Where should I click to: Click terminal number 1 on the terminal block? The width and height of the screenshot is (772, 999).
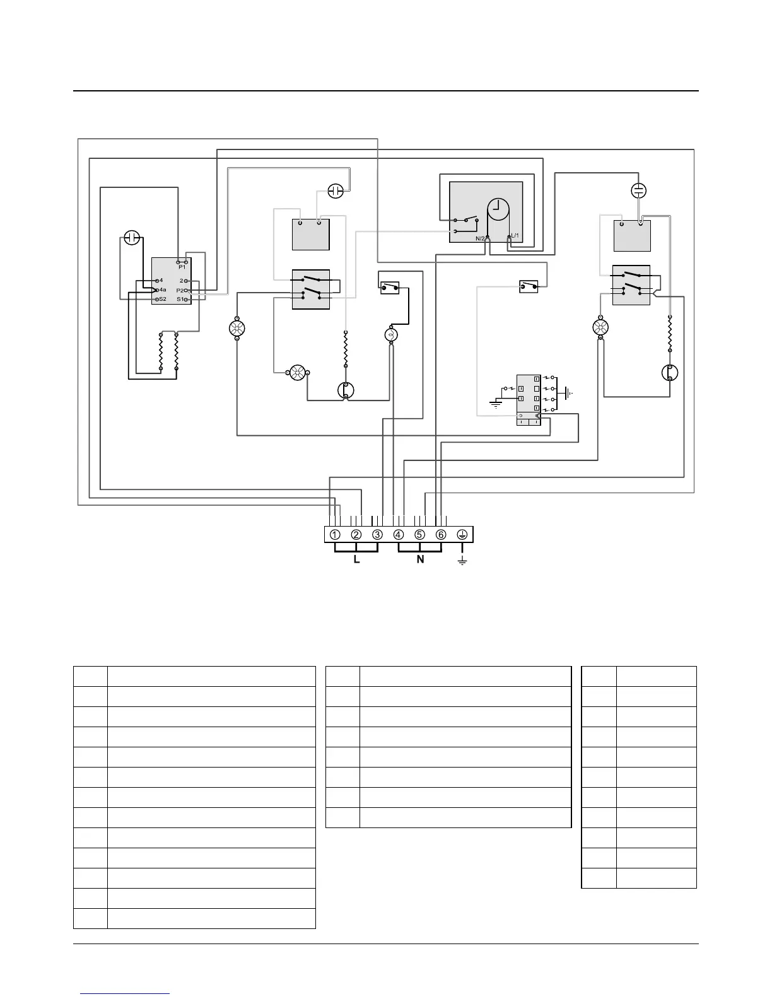pos(335,535)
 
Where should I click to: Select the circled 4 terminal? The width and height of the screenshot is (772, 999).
pos(399,535)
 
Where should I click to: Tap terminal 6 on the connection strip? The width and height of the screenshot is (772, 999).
pos(441,535)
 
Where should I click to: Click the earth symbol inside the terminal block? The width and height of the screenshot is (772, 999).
pos(462,535)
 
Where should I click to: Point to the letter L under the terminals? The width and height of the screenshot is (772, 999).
pos(356,559)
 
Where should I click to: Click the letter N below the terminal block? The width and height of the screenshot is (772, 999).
pos(421,559)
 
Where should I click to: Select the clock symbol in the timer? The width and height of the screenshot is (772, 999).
pos(498,209)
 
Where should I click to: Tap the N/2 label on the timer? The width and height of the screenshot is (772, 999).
pos(480,238)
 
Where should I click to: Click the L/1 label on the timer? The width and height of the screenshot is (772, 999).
pos(515,235)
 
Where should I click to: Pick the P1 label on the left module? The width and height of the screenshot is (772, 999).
pos(182,267)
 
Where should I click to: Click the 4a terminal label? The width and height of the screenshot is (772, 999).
pos(163,289)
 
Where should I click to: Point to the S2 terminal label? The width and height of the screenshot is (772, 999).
pos(163,299)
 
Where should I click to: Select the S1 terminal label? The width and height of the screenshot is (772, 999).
pos(180,299)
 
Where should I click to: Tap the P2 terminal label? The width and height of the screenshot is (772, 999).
pos(180,290)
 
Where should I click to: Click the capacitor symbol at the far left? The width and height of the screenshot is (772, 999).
pos(131,238)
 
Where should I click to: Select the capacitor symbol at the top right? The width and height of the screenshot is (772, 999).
pos(639,190)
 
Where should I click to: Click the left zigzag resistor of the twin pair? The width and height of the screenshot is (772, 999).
pos(161,351)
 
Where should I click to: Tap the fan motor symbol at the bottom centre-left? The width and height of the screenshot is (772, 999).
pos(296,374)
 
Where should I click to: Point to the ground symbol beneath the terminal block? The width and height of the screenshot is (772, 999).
pos(462,561)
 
